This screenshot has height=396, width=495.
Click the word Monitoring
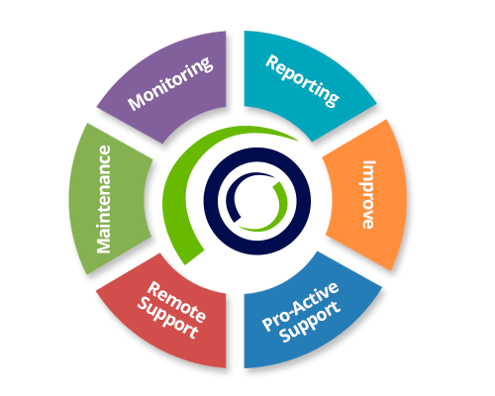click(x=170, y=83)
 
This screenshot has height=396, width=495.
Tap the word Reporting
click(x=302, y=81)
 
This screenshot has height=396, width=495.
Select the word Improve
click(x=368, y=195)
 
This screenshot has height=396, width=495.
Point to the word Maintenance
click(x=104, y=199)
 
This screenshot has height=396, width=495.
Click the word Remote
click(x=176, y=302)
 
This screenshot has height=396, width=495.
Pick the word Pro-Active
click(x=300, y=307)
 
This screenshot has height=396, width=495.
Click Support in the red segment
click(x=167, y=319)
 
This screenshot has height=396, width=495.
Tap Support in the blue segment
click(x=310, y=323)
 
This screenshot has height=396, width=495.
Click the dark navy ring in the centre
click(x=211, y=201)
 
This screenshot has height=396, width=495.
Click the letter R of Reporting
click(x=272, y=62)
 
